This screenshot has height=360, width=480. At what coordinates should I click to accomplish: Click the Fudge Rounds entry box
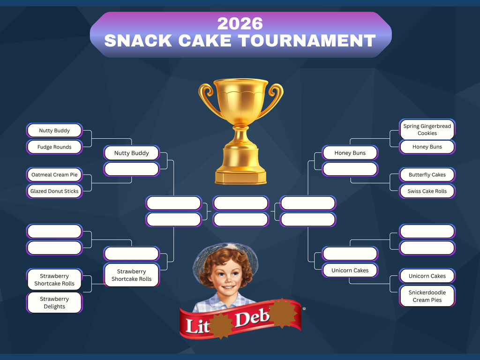coord(54,147)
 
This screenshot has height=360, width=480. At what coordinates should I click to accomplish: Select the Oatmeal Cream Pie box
coord(54,174)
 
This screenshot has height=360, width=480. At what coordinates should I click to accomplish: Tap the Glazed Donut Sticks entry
coord(54,191)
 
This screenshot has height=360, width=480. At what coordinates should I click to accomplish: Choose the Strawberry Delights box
coord(54,302)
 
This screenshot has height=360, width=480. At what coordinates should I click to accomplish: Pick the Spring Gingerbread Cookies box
coord(427,129)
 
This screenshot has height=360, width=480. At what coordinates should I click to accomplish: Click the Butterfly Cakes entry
coord(427,174)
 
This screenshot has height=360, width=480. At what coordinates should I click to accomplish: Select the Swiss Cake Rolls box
coord(427,191)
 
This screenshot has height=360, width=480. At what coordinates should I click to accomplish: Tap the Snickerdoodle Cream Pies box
coord(427,296)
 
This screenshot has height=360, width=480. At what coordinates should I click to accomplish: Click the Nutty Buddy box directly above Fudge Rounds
coord(54,130)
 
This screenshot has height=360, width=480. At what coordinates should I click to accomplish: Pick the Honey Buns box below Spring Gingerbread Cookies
coord(427,147)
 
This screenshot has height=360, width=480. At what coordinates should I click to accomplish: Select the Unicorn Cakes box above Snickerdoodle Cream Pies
coord(427,276)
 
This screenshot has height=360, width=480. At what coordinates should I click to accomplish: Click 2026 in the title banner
coord(240,23)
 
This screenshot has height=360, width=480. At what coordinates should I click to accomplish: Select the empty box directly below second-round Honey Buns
coord(350,169)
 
